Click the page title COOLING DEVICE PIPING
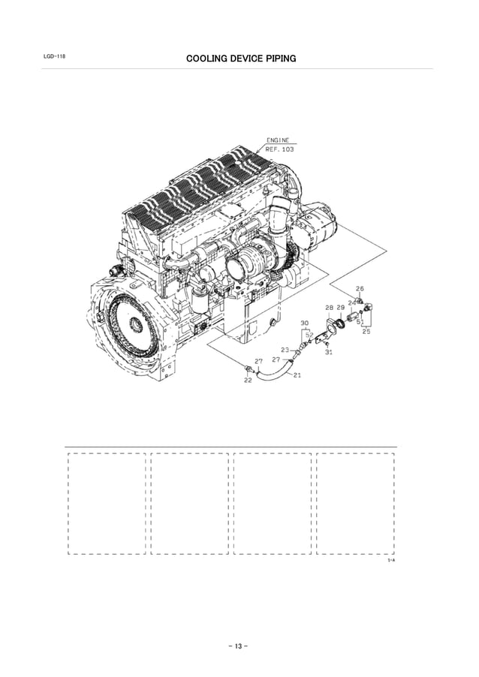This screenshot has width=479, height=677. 240,58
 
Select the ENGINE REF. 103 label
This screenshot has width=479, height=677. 279,145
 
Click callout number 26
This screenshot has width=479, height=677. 360,288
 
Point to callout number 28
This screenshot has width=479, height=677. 329,308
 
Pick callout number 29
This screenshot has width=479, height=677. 341,308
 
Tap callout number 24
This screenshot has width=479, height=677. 351,302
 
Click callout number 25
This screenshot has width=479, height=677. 366,331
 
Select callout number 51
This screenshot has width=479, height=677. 360,322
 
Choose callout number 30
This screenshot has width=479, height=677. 304,323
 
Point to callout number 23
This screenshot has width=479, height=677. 285,350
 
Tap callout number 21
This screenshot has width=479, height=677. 297,375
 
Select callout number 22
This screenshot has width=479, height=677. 248,381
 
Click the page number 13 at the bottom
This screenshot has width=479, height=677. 239,646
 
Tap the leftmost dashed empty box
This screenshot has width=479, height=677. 107,503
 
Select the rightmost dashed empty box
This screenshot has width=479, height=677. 355,503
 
